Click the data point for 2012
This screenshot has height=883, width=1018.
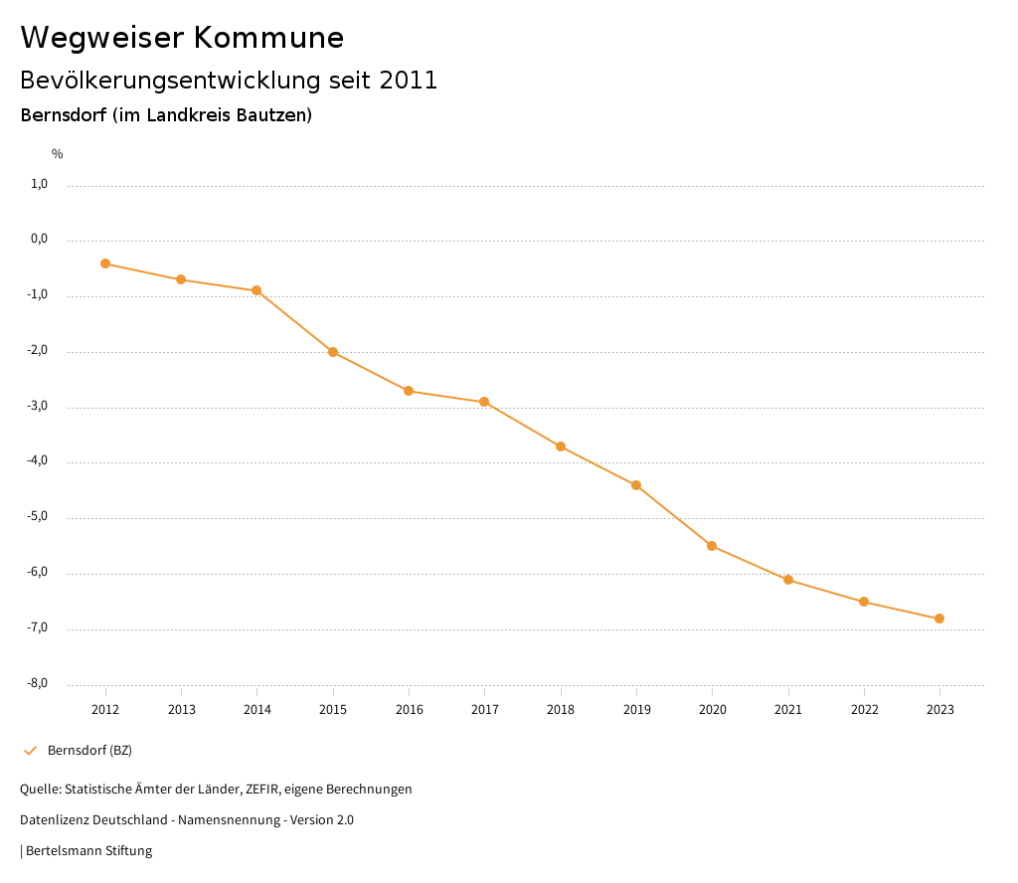[105, 264]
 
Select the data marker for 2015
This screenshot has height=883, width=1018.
[333, 352]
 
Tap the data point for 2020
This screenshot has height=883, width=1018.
[712, 546]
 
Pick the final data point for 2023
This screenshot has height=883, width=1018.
[939, 618]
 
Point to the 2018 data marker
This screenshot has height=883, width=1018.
[561, 446]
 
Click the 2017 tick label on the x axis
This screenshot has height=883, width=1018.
[484, 710]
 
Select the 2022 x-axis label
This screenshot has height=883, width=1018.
[864, 710]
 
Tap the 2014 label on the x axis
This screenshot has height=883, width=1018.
[256, 710]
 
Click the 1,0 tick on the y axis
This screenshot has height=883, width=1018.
[40, 184]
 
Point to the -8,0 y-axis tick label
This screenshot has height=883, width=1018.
[38, 683]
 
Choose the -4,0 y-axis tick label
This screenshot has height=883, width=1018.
[38, 461]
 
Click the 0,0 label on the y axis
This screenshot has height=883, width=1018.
[40, 240]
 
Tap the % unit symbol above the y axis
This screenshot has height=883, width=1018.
[58, 154]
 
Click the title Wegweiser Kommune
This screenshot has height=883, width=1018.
[182, 38]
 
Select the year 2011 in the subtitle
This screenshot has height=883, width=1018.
[409, 81]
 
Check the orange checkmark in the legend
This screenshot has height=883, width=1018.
[30, 751]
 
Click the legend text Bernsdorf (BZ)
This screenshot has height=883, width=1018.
[89, 751]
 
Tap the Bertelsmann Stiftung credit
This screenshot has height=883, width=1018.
[88, 851]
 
